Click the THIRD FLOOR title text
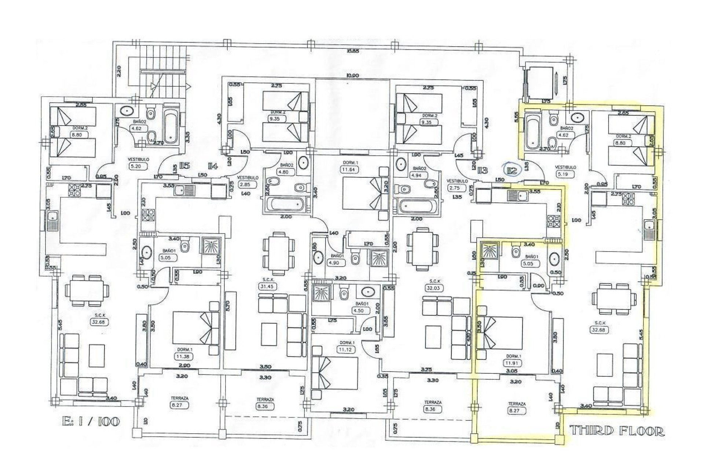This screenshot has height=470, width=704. pos(617,431)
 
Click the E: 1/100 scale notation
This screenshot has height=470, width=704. pos(91,421)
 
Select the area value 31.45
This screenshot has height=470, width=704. pos(267,286)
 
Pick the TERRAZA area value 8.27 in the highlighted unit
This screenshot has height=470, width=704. pos(517,411)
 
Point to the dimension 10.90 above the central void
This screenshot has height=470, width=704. pos(352,76)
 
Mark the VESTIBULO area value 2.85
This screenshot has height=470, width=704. pos(245,184)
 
